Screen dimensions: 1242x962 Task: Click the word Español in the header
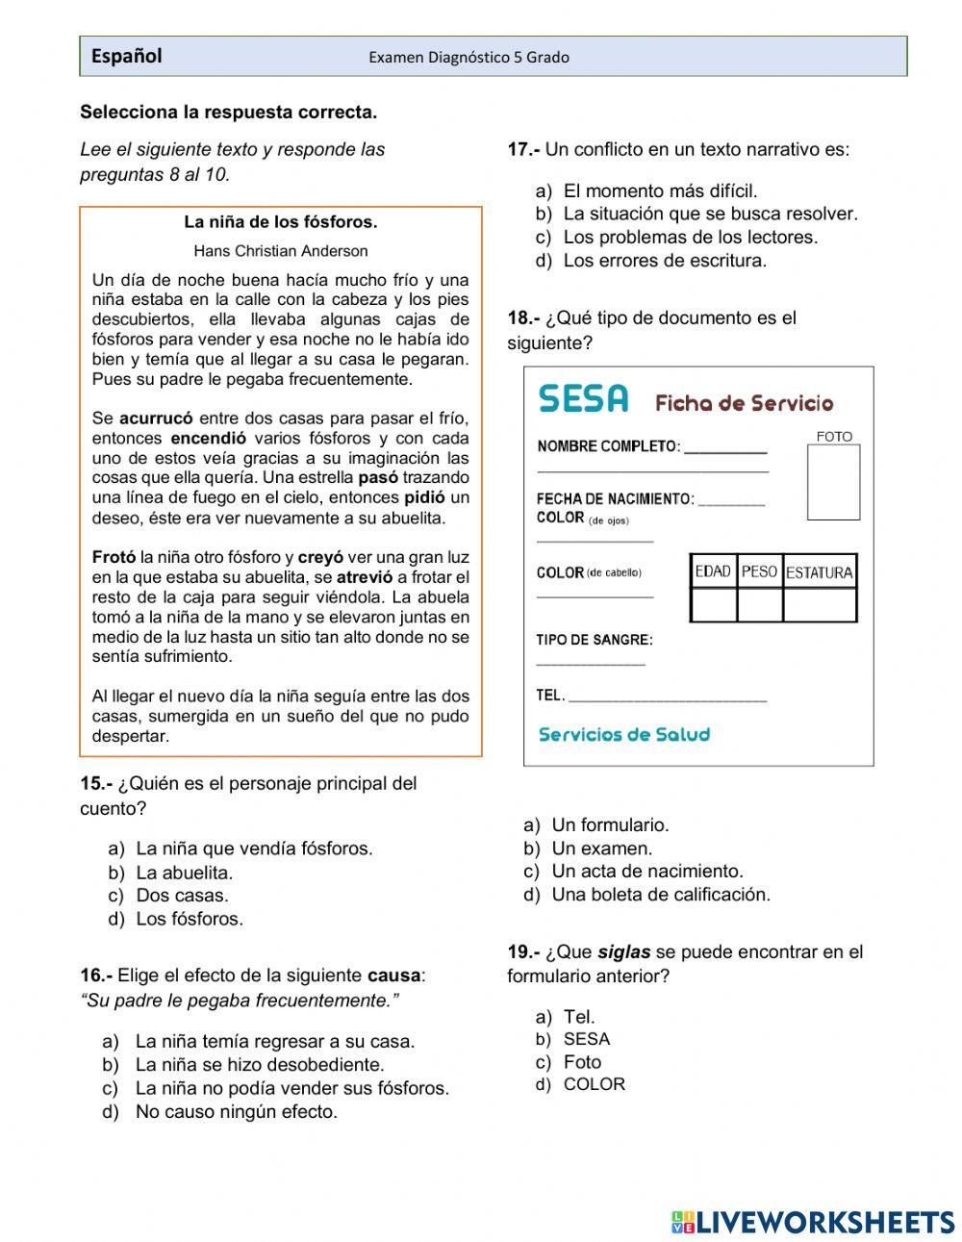126,57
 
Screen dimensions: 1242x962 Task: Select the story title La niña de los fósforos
280,222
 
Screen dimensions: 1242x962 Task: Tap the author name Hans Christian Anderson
280,251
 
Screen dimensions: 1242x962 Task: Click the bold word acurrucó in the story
156,418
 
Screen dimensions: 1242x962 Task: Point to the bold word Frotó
114,557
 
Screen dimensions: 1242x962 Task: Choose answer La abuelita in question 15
184,873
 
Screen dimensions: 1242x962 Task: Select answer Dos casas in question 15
182,896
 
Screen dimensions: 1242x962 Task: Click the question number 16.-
96,976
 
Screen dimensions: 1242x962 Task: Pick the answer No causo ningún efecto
236,1112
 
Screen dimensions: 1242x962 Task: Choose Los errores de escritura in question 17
665,261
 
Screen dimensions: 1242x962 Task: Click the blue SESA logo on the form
583,399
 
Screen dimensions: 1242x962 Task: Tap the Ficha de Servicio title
744,403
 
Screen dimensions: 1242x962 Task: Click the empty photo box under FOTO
833,482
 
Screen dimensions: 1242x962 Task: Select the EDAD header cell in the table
713,571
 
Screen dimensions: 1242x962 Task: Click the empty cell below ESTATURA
820,605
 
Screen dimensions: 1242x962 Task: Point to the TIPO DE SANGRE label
594,640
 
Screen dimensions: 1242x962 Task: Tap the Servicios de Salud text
623,735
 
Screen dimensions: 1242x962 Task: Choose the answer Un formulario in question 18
610,825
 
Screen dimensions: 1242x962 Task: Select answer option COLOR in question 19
594,1084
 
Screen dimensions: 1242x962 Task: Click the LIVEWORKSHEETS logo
813,1222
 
